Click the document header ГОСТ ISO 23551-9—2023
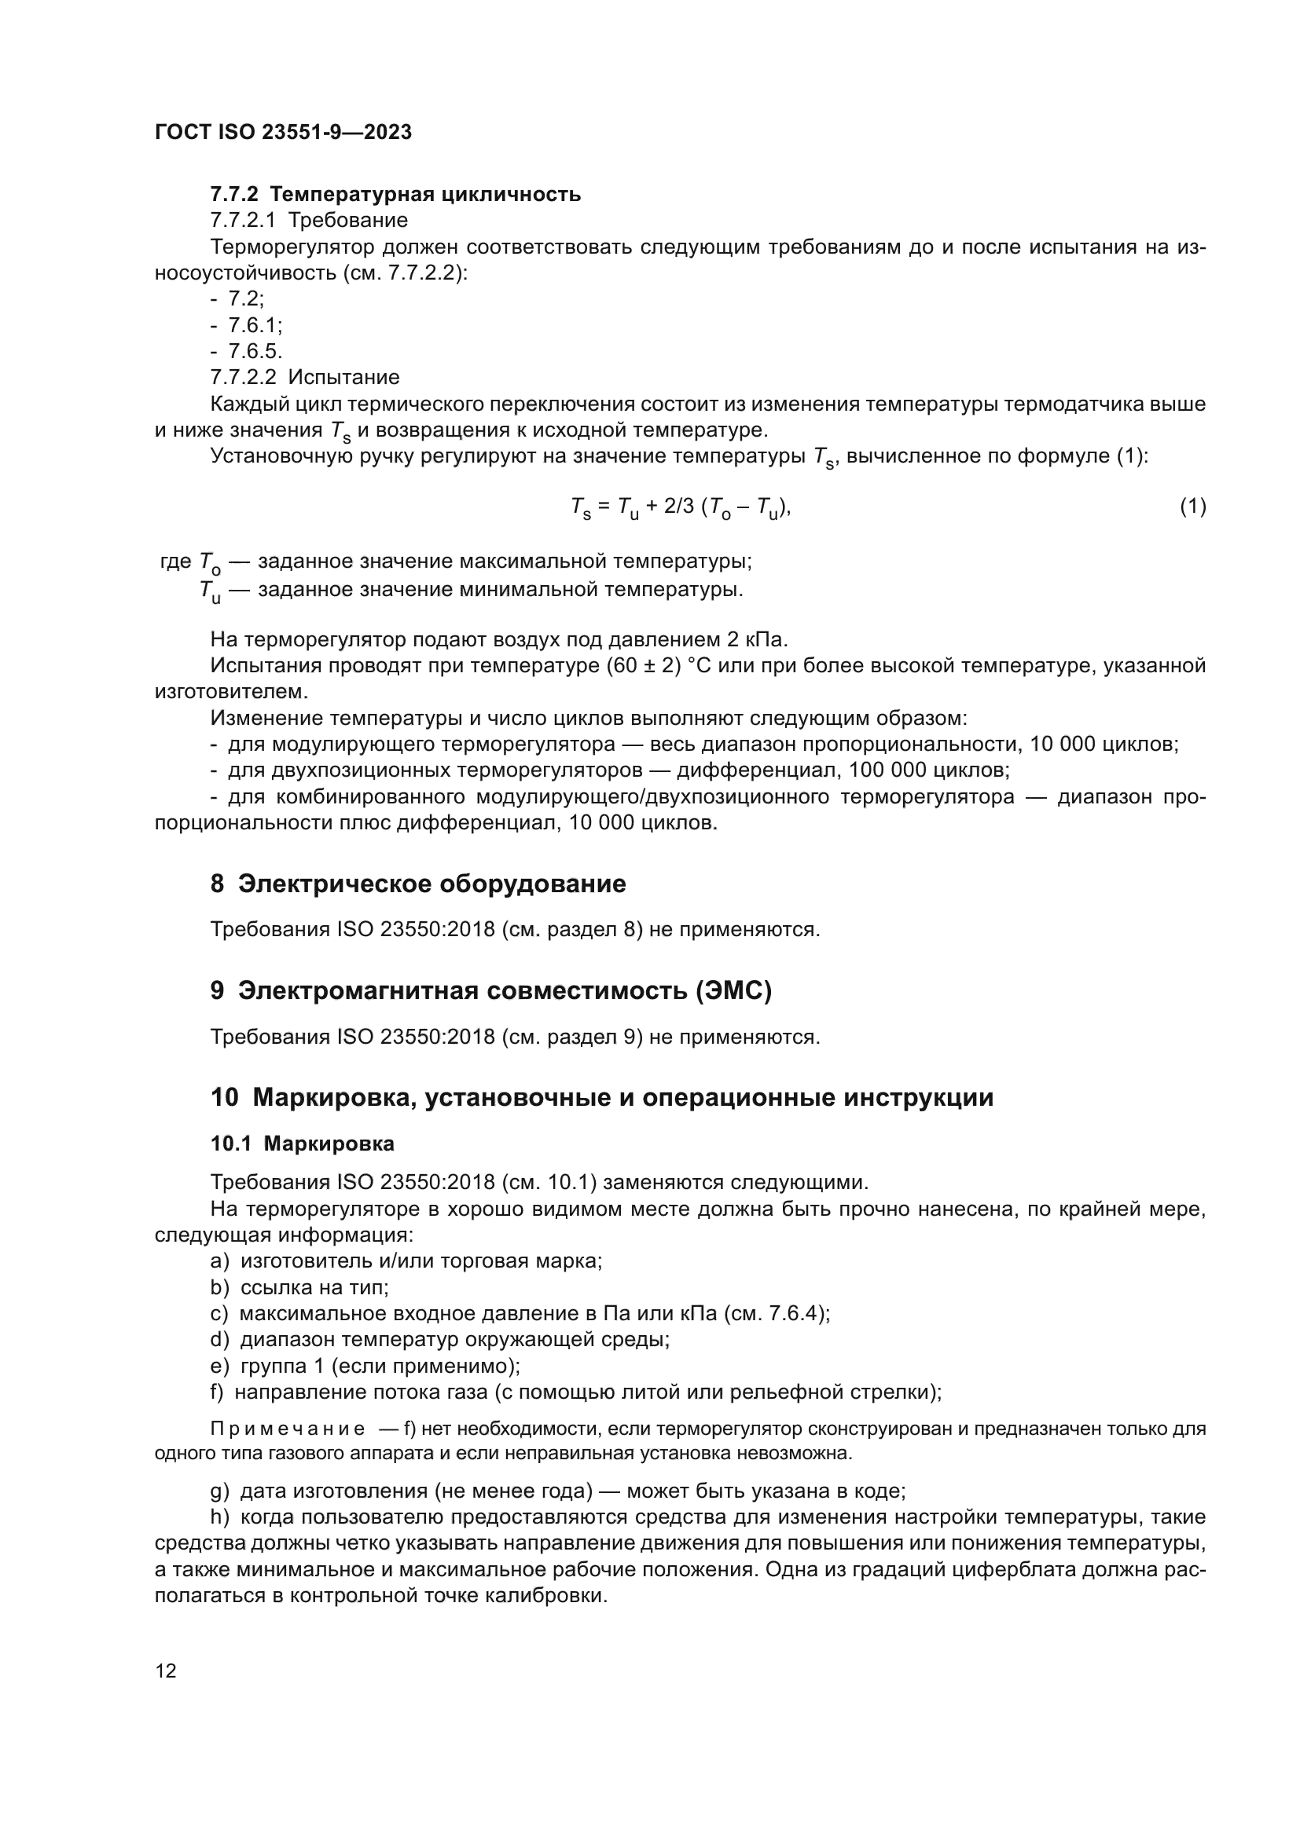click(x=283, y=132)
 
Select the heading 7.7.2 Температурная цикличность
click(x=395, y=195)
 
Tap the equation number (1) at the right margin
click(x=1193, y=506)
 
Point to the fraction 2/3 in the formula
click(x=680, y=506)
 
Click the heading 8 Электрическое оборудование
click(x=418, y=884)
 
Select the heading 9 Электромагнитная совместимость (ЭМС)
click(x=490, y=990)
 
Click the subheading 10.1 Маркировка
click(x=303, y=1144)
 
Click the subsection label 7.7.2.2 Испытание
click(x=304, y=377)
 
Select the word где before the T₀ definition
click(x=175, y=562)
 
